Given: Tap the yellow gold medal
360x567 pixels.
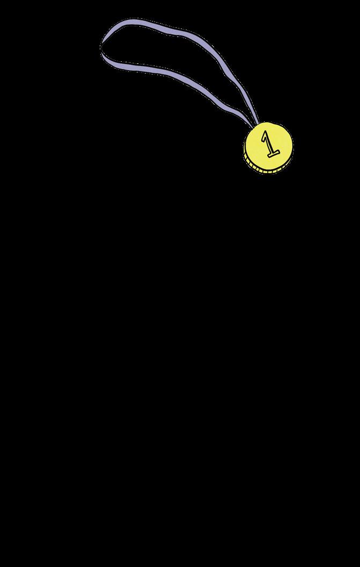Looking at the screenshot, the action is point(269,148).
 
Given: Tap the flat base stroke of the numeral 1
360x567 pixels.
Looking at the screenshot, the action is point(273,155).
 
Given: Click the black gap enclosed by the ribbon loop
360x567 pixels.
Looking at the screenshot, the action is point(161,48).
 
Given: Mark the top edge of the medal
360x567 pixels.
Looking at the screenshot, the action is point(271,124).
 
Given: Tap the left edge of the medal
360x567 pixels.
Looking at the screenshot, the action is point(245,148).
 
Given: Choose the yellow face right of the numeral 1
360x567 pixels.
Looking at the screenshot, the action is point(282,142).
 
